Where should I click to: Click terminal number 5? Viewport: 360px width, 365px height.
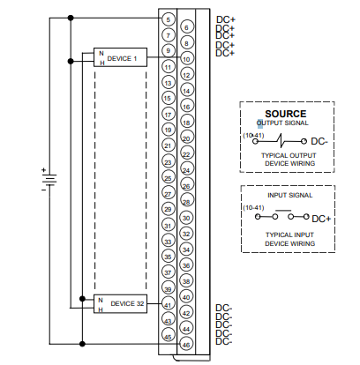pos(168,19)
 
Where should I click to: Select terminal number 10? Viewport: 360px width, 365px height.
pos(185,59)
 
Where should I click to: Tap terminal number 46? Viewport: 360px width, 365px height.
pos(185,343)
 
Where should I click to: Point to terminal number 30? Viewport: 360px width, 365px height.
pos(185,217)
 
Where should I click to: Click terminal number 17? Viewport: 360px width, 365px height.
pos(168,114)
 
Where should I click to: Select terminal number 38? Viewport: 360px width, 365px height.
pos(185,280)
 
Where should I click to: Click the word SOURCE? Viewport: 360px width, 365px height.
pos(285,114)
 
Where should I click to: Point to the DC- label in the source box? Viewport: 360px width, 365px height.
pos(320,141)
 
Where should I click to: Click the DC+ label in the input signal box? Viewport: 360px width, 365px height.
pos(320,218)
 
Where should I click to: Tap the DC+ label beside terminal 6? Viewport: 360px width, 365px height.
pos(226,27)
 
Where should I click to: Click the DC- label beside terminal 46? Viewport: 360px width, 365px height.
pos(224,341)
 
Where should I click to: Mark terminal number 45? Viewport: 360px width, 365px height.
pos(168,335)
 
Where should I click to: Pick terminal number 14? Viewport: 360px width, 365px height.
pos(185,91)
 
